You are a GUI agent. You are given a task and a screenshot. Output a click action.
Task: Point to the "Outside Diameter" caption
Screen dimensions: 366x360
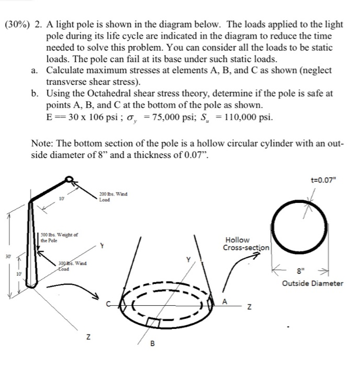[x=312, y=283]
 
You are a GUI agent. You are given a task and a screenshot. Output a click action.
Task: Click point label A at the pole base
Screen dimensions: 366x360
[x=224, y=301]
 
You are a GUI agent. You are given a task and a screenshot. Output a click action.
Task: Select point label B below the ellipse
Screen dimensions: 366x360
[x=152, y=344]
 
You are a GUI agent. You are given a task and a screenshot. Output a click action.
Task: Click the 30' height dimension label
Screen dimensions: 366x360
[x=8, y=257]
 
